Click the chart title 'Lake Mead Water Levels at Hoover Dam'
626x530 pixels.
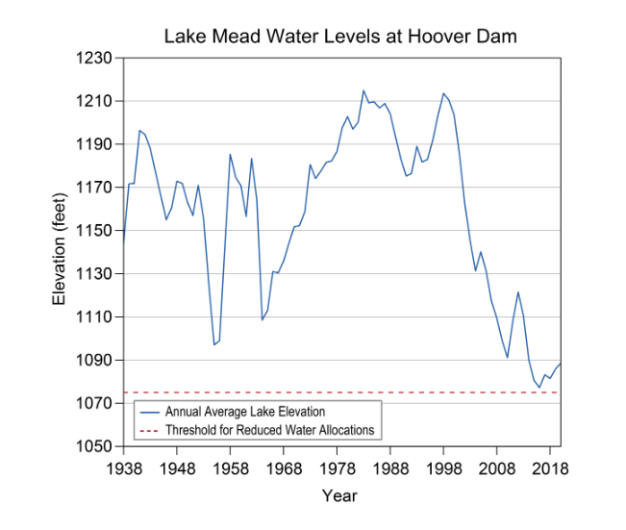(x=340, y=38)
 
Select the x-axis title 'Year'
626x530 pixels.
(x=339, y=496)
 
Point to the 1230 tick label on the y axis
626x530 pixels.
(x=96, y=58)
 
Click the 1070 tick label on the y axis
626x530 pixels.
(x=96, y=403)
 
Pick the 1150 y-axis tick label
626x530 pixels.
(x=96, y=231)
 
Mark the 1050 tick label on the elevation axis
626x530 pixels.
(x=96, y=446)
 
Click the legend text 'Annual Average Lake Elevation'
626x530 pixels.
(x=246, y=413)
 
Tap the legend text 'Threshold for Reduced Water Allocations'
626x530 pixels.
(x=269, y=430)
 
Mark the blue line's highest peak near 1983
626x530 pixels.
(x=363, y=90)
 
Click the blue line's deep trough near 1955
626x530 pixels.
(x=214, y=344)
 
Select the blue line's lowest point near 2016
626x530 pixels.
(x=539, y=387)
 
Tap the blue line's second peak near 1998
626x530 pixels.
(x=443, y=93)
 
